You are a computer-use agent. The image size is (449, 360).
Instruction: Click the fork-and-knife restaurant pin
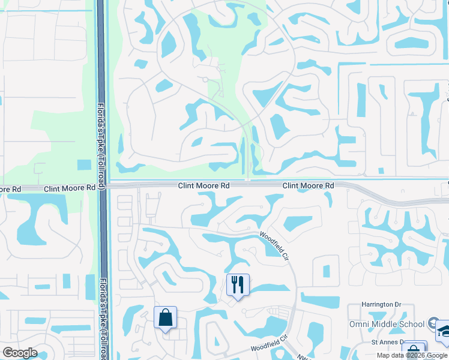[x=238, y=285]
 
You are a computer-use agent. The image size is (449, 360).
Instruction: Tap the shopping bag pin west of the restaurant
[x=165, y=318]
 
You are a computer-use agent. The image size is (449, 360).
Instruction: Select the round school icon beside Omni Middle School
[x=432, y=324]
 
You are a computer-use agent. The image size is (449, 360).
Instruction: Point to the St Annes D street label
[x=378, y=343]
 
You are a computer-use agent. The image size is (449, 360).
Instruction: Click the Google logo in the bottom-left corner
[x=20, y=353]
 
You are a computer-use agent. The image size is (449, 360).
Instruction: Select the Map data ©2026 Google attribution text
[x=412, y=355]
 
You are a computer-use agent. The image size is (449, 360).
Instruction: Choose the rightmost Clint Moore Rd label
[x=308, y=186]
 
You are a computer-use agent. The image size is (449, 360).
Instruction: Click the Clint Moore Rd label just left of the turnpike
[x=70, y=188]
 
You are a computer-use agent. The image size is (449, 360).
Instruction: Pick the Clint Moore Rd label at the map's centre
[x=203, y=186]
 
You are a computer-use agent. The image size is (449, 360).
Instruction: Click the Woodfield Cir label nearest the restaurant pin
[x=274, y=246]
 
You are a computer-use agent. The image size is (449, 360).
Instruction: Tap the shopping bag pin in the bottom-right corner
[x=413, y=351]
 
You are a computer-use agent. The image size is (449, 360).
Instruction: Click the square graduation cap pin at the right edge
[x=444, y=332]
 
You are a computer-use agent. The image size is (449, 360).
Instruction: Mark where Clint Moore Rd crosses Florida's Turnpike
[x=102, y=186]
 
